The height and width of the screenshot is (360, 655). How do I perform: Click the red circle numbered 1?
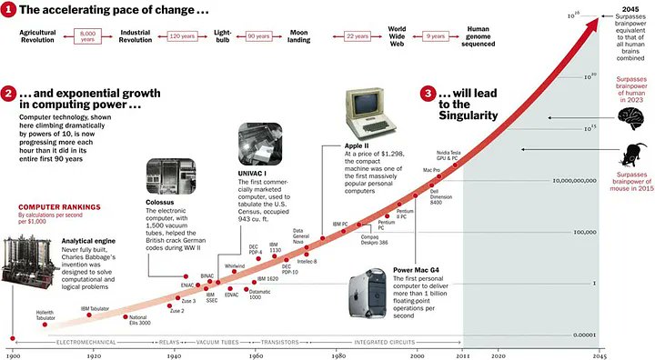[9, 10]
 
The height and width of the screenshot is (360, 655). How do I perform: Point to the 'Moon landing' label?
[299, 35]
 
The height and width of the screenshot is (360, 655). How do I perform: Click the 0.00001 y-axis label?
[581, 335]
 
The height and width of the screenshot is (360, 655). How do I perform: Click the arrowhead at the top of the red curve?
[596, 20]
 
